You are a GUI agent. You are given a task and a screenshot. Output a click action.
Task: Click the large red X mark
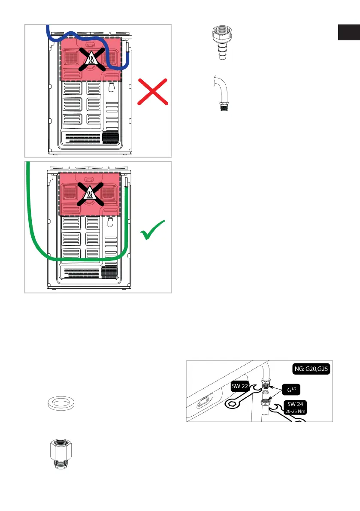point(154,92)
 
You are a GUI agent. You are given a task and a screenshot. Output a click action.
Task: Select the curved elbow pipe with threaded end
point(222,96)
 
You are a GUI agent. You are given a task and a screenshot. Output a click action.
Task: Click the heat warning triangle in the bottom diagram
point(91,195)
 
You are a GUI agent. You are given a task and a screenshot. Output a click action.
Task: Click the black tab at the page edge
point(348,33)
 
